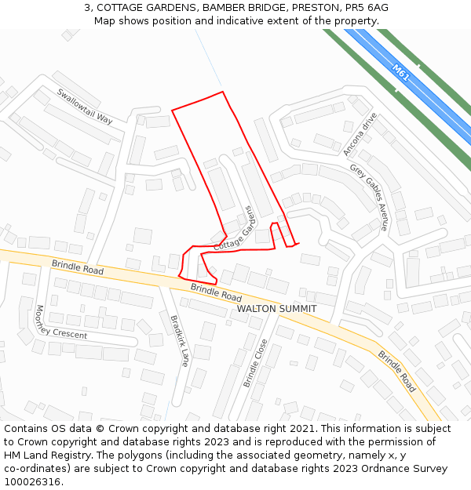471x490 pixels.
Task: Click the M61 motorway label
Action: coord(401,73)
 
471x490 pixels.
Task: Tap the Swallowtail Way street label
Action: coord(85,106)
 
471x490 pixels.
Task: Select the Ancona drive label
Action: coord(360,134)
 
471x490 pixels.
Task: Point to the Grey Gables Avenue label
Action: coord(369,197)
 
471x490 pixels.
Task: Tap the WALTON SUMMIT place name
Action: coord(276,309)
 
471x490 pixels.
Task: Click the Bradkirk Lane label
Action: coord(180,340)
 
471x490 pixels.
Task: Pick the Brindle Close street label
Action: coord(255,362)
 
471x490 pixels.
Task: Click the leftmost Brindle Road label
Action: coord(78,267)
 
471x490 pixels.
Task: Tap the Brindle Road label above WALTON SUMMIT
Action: coord(216,292)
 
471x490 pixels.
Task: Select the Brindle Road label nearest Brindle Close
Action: coord(397,371)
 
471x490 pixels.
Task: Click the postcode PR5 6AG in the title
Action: coord(368,8)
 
